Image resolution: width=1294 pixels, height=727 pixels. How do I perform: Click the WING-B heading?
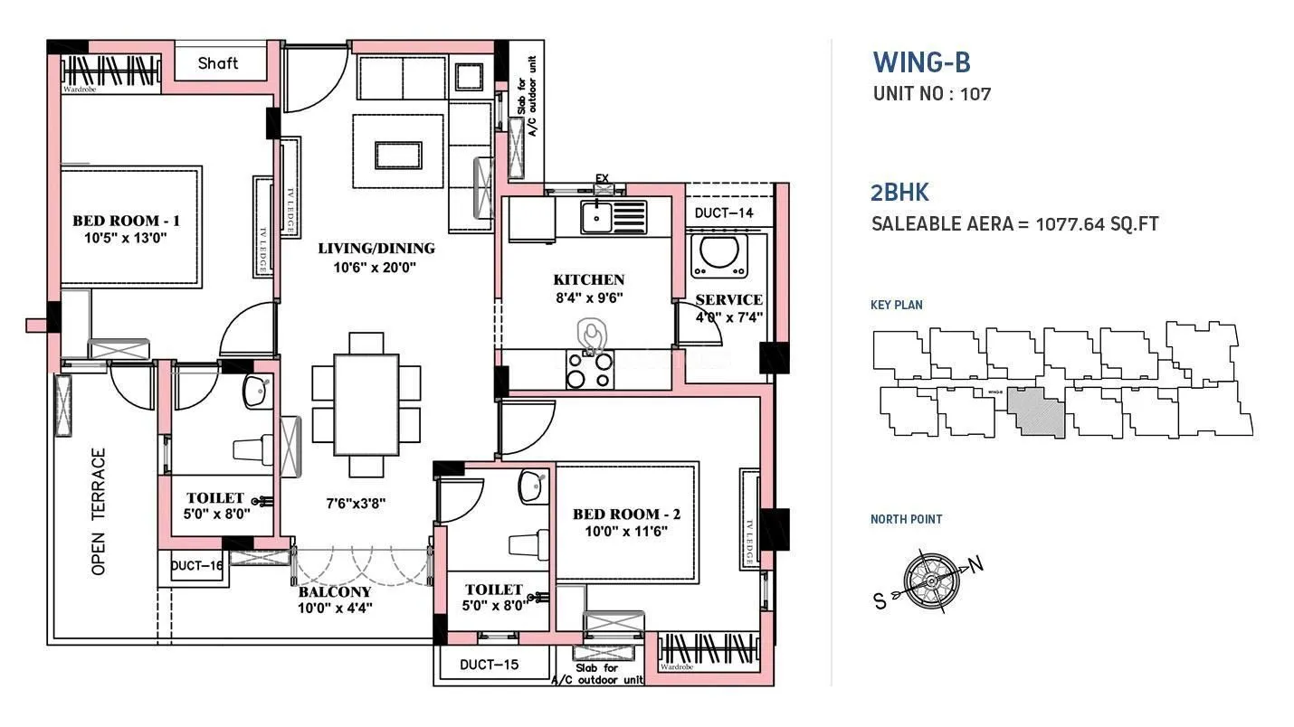coord(921,62)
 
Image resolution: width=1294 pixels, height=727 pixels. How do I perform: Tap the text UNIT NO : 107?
coord(931,93)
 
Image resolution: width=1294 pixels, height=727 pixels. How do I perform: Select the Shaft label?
coord(218,63)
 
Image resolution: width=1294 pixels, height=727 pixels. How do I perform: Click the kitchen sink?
coord(596,217)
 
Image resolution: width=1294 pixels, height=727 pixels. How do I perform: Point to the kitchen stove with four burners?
coord(590,369)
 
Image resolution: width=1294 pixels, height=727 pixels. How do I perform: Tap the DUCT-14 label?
coord(723,213)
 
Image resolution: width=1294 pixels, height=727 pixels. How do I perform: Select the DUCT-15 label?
coord(489,665)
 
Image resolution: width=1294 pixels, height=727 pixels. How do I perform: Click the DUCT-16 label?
coord(196,565)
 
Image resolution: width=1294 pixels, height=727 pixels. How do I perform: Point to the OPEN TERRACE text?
coord(99,511)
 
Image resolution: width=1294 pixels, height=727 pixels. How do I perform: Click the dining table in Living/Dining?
coord(366,404)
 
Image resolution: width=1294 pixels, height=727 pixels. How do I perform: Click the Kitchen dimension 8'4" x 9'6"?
coord(588,297)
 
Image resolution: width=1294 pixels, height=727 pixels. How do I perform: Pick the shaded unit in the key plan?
coord(1037,412)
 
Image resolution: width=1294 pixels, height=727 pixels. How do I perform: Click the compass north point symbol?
coord(928,575)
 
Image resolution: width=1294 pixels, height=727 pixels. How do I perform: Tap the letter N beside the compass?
coord(975,565)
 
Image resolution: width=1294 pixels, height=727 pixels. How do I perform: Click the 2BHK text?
coord(899,192)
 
